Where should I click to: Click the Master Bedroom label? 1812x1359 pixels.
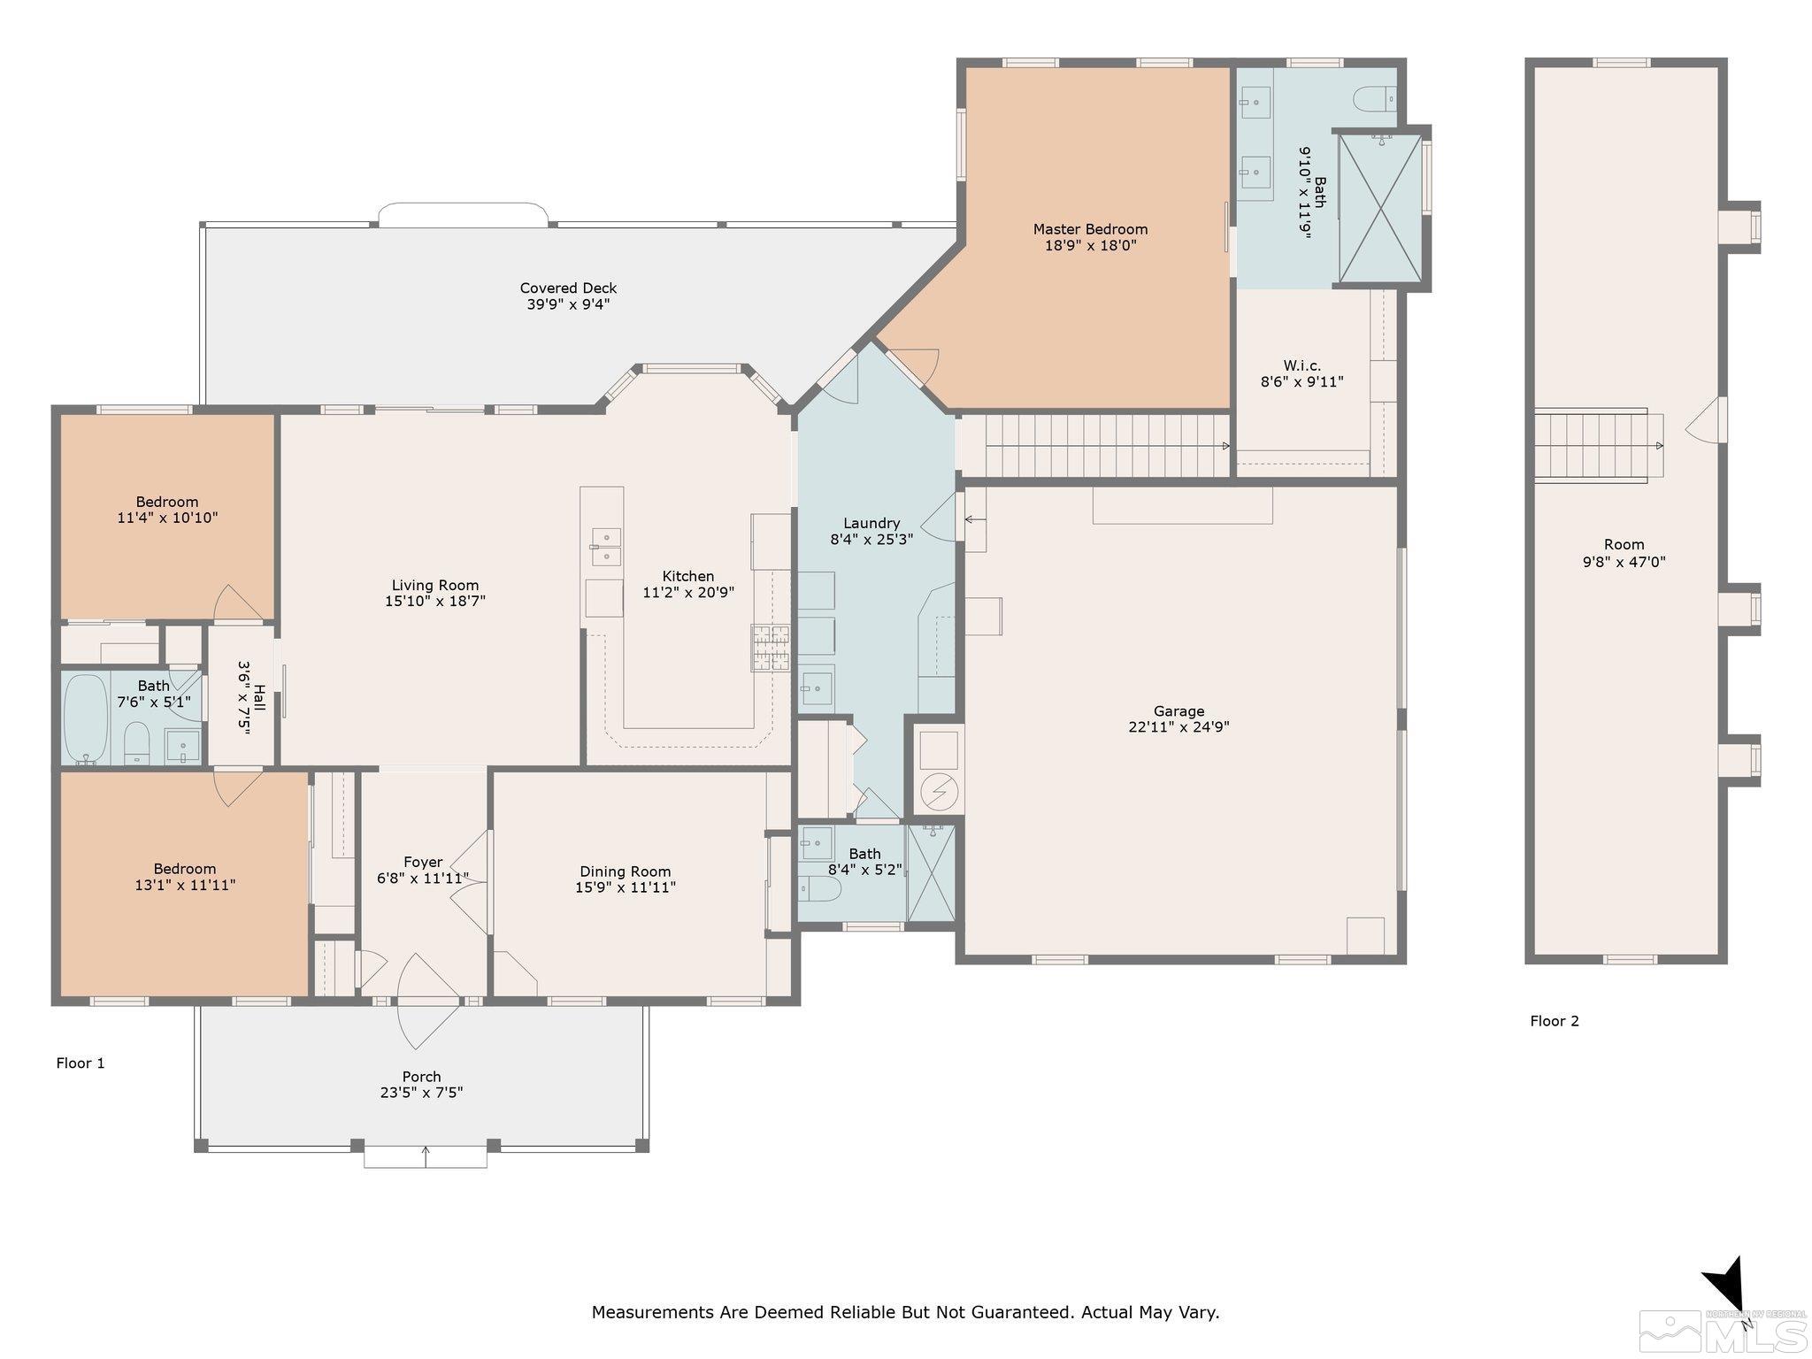pos(1090,229)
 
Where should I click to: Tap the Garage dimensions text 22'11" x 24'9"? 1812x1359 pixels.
pos(1179,727)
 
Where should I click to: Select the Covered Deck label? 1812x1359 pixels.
pos(568,288)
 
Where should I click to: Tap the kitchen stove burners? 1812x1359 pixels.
pos(770,648)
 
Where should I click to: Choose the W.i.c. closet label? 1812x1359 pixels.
pos(1301,365)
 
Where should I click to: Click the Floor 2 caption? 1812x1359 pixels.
pos(1555,1021)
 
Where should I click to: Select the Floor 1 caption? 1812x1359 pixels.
pos(81,1063)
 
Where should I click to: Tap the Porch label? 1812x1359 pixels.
pos(421,1077)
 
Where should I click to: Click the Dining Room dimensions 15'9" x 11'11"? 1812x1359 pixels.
pos(626,887)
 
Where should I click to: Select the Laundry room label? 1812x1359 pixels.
pos(871,523)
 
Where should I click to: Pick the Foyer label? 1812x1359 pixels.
pos(423,862)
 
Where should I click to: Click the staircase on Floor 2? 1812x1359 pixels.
pos(1598,445)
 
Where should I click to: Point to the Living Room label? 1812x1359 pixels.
pos(435,585)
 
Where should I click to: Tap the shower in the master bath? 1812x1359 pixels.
pos(1379,210)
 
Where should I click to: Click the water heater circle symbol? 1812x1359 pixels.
pos(938,792)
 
